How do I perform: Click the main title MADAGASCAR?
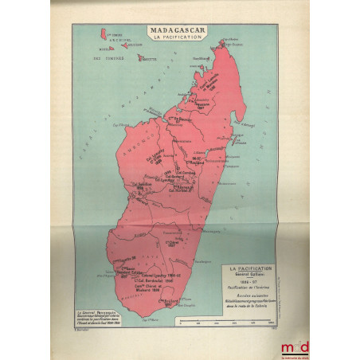coord(176,30)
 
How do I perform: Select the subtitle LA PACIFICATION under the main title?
coord(176,38)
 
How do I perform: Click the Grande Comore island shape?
coord(104,34)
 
